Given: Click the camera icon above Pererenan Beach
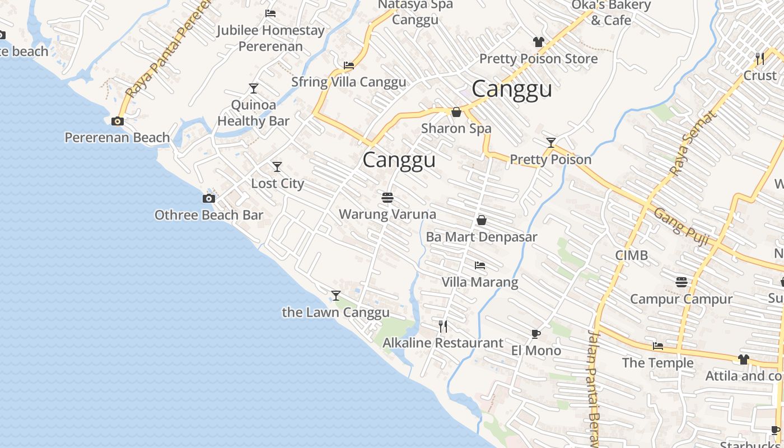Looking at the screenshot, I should pyautogui.click(x=118, y=121).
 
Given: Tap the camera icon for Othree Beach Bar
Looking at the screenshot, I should pyautogui.click(x=209, y=198).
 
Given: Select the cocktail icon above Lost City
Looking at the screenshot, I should pyautogui.click(x=277, y=167).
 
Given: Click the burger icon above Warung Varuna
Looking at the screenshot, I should pyautogui.click(x=387, y=197).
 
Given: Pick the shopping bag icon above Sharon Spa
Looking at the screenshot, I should pyautogui.click(x=456, y=112).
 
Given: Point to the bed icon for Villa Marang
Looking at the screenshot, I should pyautogui.click(x=480, y=265).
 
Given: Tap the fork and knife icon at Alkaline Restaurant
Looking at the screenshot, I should pyautogui.click(x=443, y=326).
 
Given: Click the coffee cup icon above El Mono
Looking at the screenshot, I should pyautogui.click(x=536, y=334).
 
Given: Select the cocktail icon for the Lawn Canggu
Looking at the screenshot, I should pyautogui.click(x=336, y=295).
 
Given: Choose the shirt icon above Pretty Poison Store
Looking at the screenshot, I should pyautogui.click(x=539, y=42).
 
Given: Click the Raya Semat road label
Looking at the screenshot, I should pyautogui.click(x=693, y=142).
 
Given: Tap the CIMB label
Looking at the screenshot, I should pyautogui.click(x=632, y=255).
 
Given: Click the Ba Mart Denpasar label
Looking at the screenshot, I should pyautogui.click(x=482, y=237).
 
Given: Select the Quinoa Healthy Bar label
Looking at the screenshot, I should pyautogui.click(x=254, y=113).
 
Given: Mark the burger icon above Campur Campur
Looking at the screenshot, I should pyautogui.click(x=682, y=282).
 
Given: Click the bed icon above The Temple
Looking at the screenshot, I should pyautogui.click(x=658, y=346).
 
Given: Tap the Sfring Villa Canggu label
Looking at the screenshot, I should pyautogui.click(x=348, y=82).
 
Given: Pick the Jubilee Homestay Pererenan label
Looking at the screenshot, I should pyautogui.click(x=270, y=38).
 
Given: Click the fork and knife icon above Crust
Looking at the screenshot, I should pyautogui.click(x=760, y=58).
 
